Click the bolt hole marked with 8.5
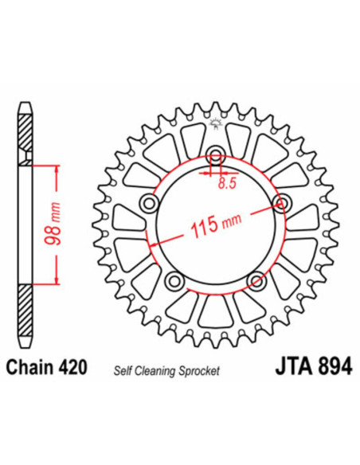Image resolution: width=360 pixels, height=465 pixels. [215, 155]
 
